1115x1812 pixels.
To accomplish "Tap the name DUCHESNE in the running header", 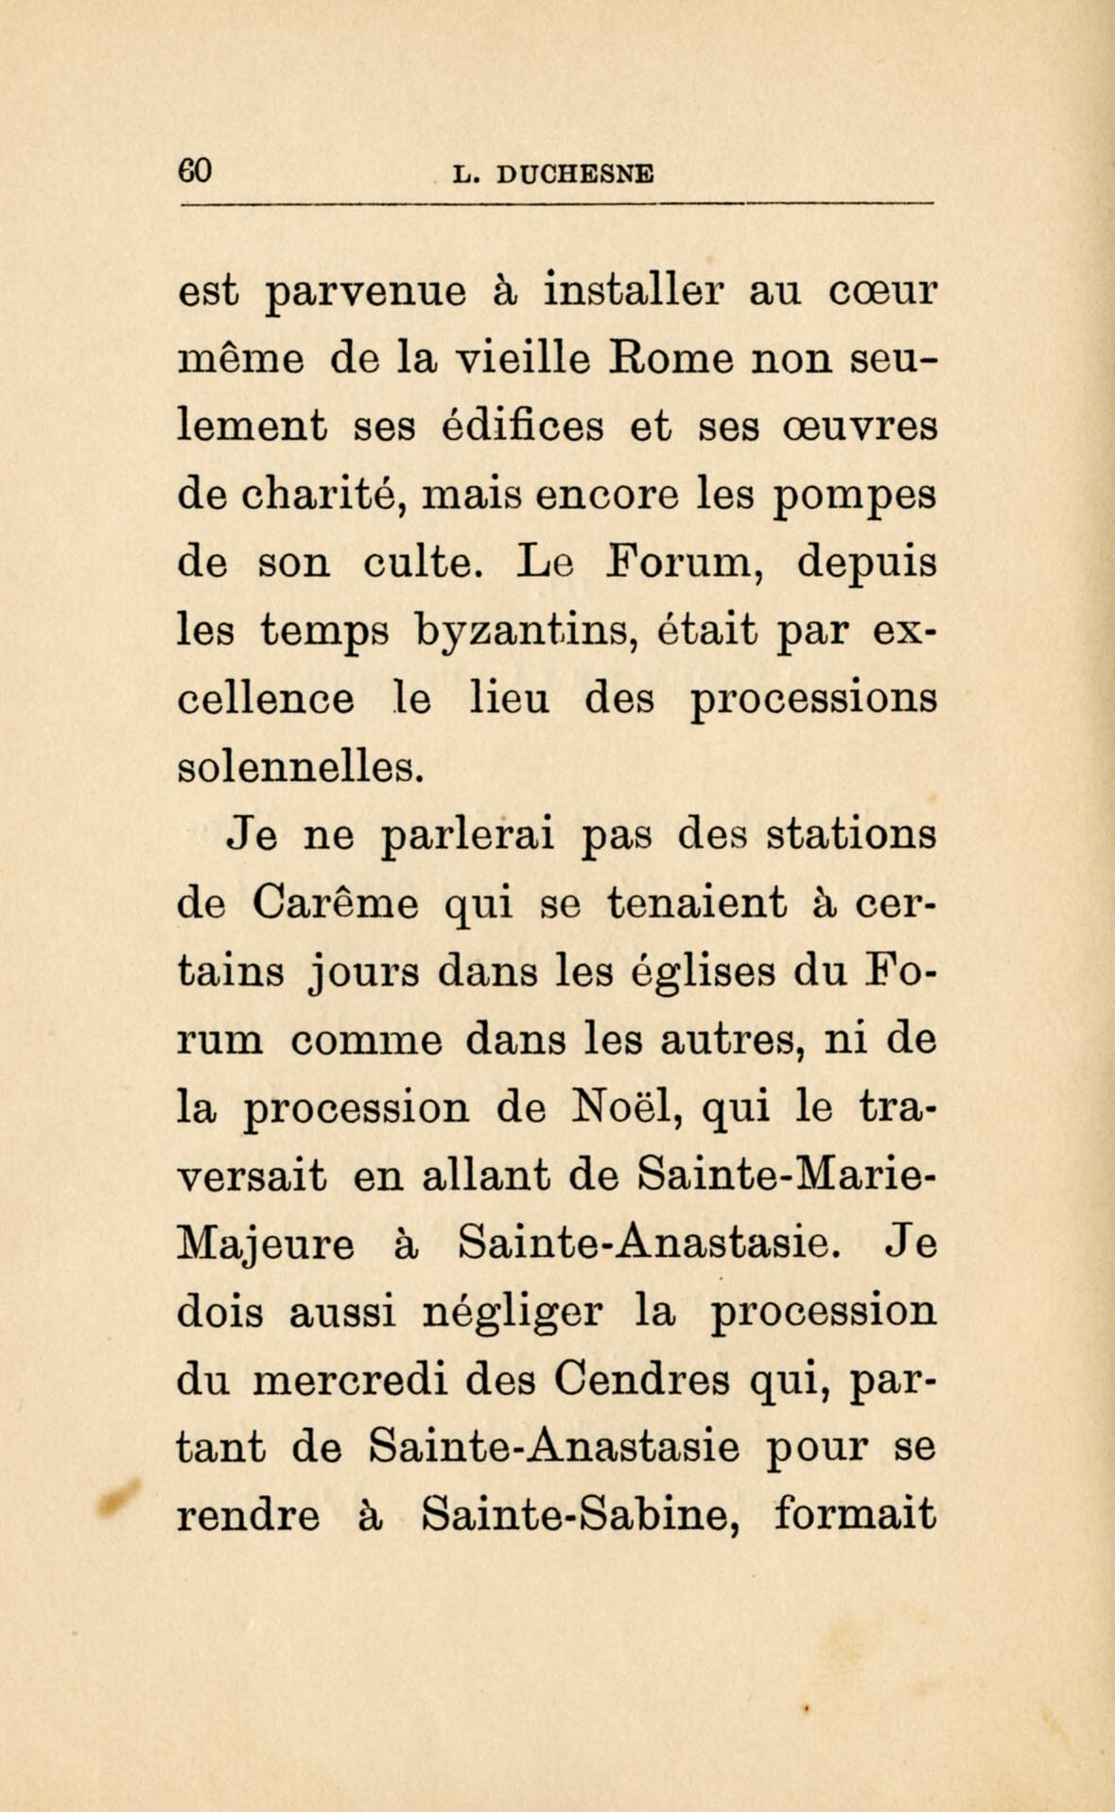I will [x=575, y=174].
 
